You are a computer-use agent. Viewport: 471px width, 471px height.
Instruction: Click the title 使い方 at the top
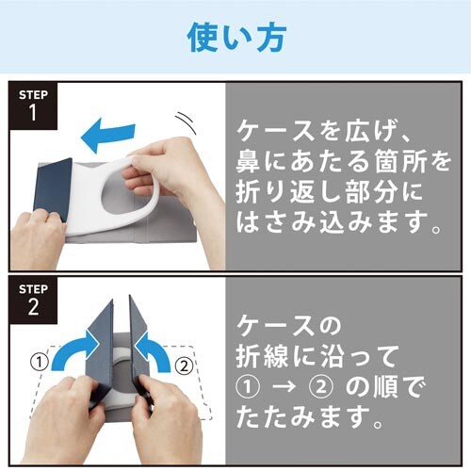pos(236,38)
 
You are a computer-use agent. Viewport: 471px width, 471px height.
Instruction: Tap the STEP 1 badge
pos(33,106)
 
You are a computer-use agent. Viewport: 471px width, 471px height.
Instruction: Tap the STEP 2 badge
pos(33,300)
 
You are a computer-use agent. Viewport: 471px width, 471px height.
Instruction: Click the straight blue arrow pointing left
pos(108,135)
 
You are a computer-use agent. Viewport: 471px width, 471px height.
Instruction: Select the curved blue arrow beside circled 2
pos(153,351)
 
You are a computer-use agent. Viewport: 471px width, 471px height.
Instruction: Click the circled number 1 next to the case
pos(40,363)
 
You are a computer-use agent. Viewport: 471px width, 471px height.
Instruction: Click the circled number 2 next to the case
pos(184,365)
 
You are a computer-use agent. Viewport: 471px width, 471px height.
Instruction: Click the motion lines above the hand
pos(186,123)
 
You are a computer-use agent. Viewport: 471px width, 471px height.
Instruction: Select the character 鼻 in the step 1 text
pos(248,162)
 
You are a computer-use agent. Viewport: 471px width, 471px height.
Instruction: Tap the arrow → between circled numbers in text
pos(284,387)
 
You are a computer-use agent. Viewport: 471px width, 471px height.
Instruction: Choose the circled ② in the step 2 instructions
pos(320,387)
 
